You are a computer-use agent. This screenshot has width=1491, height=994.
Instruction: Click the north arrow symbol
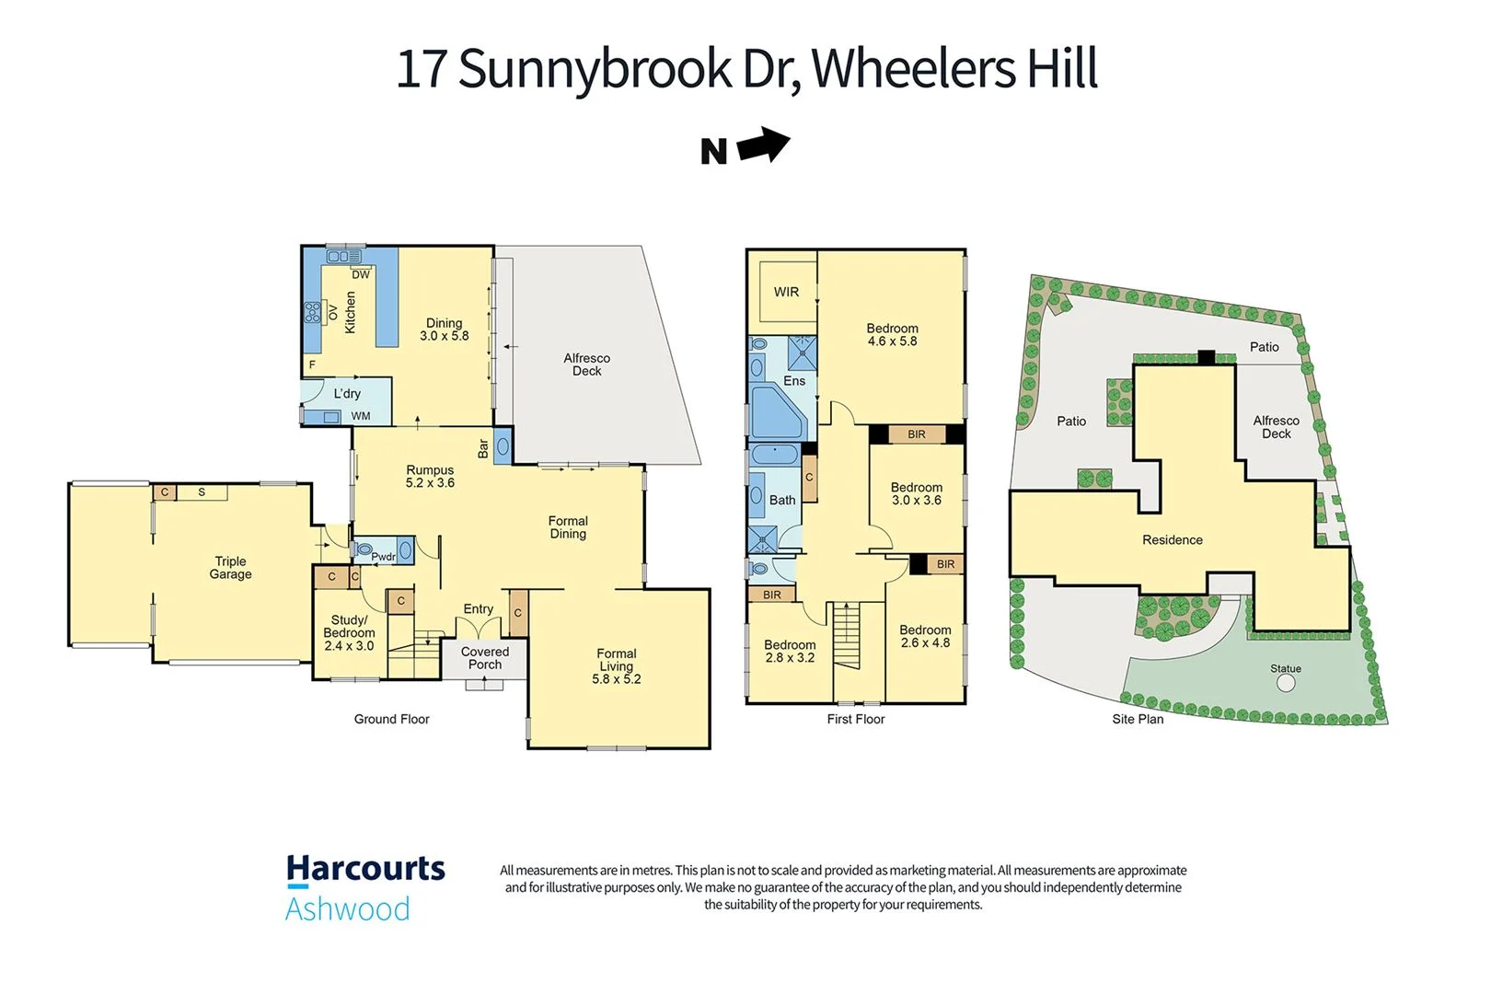pyautogui.click(x=763, y=145)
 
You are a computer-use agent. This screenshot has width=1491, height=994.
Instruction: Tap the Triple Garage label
pyautogui.click(x=230, y=568)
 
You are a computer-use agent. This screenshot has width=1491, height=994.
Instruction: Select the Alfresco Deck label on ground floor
pyautogui.click(x=586, y=364)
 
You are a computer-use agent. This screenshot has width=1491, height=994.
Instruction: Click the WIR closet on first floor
pyautogui.click(x=786, y=292)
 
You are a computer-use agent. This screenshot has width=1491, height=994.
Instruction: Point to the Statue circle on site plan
pyautogui.click(x=1286, y=683)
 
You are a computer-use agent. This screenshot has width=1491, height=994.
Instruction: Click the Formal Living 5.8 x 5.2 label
pyautogui.click(x=616, y=666)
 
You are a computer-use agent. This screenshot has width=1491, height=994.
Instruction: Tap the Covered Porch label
pyautogui.click(x=485, y=658)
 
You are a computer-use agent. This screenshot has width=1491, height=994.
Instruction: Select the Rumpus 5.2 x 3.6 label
pyautogui.click(x=430, y=476)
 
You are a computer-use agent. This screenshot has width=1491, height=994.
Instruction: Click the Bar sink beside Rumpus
pyautogui.click(x=503, y=447)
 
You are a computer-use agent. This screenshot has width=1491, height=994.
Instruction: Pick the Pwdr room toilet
pyautogui.click(x=364, y=550)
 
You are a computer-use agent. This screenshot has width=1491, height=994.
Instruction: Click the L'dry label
pyautogui.click(x=347, y=394)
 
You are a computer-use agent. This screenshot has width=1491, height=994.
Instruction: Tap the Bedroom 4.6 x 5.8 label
pyautogui.click(x=892, y=334)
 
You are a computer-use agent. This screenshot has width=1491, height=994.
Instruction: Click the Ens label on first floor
pyautogui.click(x=794, y=381)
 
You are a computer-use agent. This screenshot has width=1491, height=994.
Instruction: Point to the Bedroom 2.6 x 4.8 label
pyautogui.click(x=925, y=636)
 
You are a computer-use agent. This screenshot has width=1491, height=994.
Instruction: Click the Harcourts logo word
pyautogui.click(x=365, y=870)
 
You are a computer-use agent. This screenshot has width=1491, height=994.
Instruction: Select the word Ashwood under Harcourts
pyautogui.click(x=347, y=909)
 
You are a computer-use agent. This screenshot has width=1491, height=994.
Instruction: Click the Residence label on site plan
pyautogui.click(x=1172, y=540)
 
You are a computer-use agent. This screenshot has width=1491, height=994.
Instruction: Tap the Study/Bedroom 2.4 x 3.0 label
pyautogui.click(x=349, y=633)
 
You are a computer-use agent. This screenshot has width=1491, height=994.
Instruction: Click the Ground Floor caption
pyautogui.click(x=391, y=719)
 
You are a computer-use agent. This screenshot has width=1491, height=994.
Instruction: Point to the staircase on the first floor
pyautogui.click(x=847, y=635)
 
